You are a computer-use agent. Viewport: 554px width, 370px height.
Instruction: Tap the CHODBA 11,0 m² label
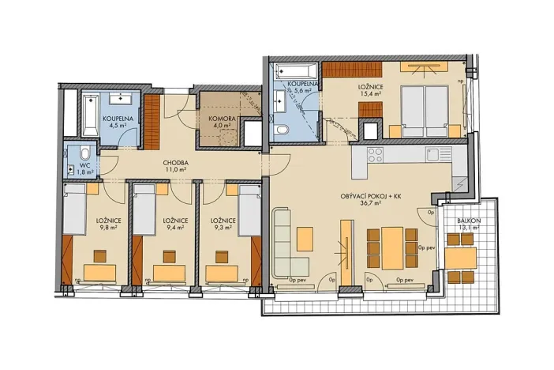coord(175,164)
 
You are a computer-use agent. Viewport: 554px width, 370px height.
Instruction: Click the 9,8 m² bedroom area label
coord(107,227)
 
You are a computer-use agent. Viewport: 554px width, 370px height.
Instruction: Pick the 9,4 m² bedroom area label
coord(176,227)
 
